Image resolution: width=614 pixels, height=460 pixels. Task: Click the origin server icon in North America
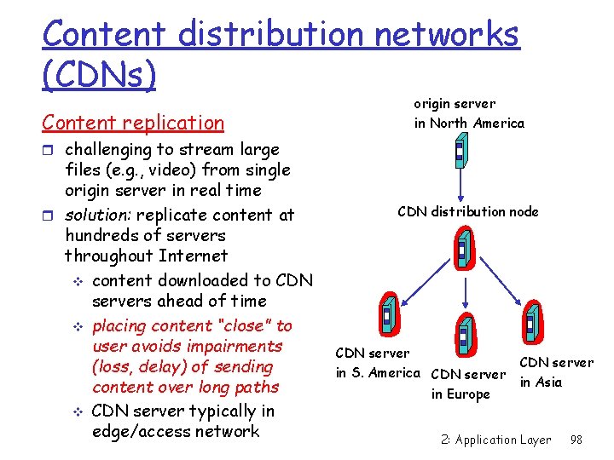tap(460, 154)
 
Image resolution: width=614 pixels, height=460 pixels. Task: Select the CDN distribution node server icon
tap(461, 250)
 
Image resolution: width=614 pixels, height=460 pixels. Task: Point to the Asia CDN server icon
tap(530, 325)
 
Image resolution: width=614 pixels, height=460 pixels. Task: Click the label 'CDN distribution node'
tap(468, 211)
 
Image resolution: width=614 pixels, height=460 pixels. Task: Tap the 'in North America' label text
tap(469, 124)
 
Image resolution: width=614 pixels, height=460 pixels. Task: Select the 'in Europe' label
tap(460, 394)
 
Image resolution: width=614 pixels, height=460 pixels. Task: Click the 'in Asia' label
tap(541, 382)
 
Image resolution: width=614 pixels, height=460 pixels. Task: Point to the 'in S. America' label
tap(378, 373)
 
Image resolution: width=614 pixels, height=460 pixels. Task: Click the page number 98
tap(576, 440)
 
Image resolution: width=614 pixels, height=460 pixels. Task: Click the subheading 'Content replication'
tap(133, 123)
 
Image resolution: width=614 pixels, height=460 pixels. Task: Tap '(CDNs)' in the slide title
tap(100, 75)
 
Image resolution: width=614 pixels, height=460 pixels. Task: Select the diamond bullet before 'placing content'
tap(77, 327)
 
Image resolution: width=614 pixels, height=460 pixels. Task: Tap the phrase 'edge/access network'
tap(175, 432)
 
